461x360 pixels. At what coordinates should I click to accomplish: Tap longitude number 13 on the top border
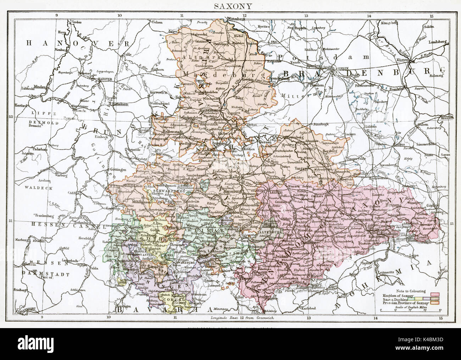[306, 15]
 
